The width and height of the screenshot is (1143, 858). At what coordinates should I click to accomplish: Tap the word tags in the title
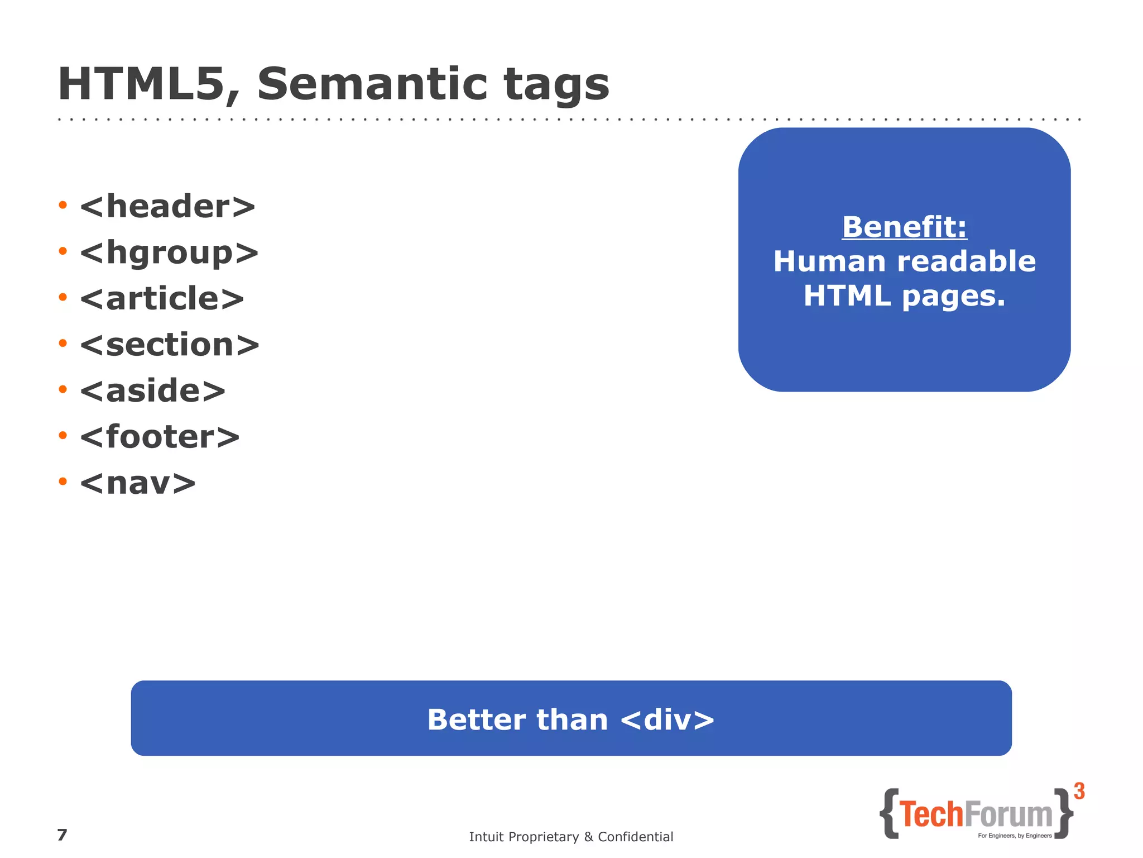point(556,85)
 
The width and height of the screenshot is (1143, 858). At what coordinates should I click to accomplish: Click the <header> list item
point(167,207)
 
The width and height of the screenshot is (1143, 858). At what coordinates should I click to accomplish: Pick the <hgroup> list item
point(169,254)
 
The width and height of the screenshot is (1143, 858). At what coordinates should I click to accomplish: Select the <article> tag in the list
point(162,299)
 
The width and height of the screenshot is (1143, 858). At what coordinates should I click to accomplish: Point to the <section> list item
point(170,345)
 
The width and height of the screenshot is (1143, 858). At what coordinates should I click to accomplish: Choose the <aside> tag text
point(153,390)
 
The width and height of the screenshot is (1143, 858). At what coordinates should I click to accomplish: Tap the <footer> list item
point(160,437)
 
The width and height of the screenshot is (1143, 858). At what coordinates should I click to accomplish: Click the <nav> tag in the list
point(138,483)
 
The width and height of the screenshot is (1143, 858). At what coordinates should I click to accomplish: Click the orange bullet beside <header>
point(63,206)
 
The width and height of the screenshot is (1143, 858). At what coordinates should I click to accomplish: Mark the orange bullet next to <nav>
point(63,481)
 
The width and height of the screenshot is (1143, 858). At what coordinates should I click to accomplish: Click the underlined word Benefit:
point(904,227)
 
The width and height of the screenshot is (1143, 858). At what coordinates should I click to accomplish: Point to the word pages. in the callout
point(953,297)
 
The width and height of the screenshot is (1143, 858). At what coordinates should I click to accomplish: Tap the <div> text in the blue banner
point(667,719)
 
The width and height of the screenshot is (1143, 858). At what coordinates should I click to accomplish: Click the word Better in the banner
point(476,719)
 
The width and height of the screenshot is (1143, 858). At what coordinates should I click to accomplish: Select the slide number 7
point(62,835)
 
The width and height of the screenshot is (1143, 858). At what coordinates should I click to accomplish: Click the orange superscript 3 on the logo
point(1079,791)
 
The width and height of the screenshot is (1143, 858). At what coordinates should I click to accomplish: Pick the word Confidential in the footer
point(635,837)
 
